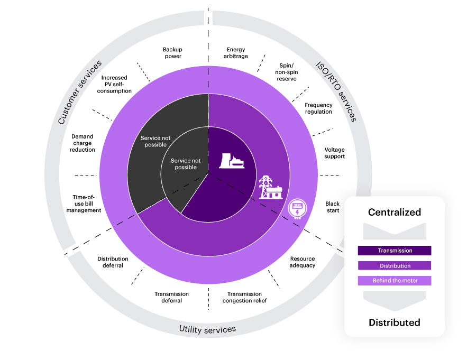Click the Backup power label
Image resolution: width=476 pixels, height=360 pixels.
coord(172,53)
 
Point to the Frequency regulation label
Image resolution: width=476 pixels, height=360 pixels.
coord(318,108)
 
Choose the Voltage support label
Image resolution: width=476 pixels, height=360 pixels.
coord(334,153)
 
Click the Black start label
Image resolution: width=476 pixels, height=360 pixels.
coord(333,207)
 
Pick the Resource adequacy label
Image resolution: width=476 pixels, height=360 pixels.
coord(303,262)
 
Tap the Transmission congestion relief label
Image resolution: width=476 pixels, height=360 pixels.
coord(244,297)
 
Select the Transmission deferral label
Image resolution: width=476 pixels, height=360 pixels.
coord(171,297)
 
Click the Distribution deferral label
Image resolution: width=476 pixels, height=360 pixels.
coord(113,262)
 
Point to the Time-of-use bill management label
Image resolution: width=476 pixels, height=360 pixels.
coord(84,204)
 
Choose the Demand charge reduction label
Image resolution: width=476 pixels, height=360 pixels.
coord(84,143)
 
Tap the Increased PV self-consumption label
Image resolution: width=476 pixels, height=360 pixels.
coord(116,84)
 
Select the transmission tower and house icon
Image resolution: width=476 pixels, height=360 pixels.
coord(269,187)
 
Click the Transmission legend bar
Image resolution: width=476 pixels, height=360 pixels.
coord(395,251)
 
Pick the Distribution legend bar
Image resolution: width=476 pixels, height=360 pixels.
coord(395,265)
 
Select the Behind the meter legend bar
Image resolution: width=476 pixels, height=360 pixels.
coord(395,280)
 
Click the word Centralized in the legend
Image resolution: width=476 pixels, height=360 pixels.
coord(395,213)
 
